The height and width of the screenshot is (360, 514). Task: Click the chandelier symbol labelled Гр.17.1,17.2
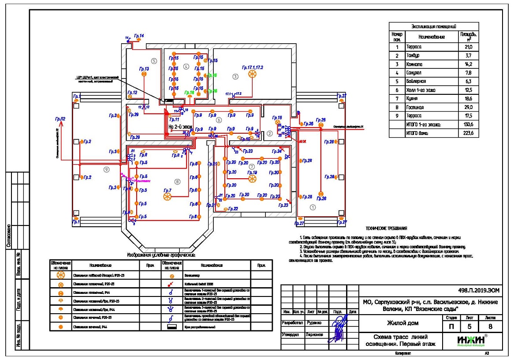coord(253,75)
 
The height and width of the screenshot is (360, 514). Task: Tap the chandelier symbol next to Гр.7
coord(167,197)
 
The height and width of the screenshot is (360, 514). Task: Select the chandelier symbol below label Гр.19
coord(252,179)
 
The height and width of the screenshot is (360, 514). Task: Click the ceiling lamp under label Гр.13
coord(144,75)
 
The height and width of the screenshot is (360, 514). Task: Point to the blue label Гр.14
coord(138,35)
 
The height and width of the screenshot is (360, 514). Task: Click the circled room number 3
coord(235,76)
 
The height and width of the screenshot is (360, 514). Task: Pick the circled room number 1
coord(313,206)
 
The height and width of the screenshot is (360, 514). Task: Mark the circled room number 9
coord(105,170)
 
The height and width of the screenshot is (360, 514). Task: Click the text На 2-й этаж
coord(182,126)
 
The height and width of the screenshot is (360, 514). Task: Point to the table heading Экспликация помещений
coord(433,26)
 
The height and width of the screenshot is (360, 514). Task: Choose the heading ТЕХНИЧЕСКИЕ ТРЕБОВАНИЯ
coord(387,228)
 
